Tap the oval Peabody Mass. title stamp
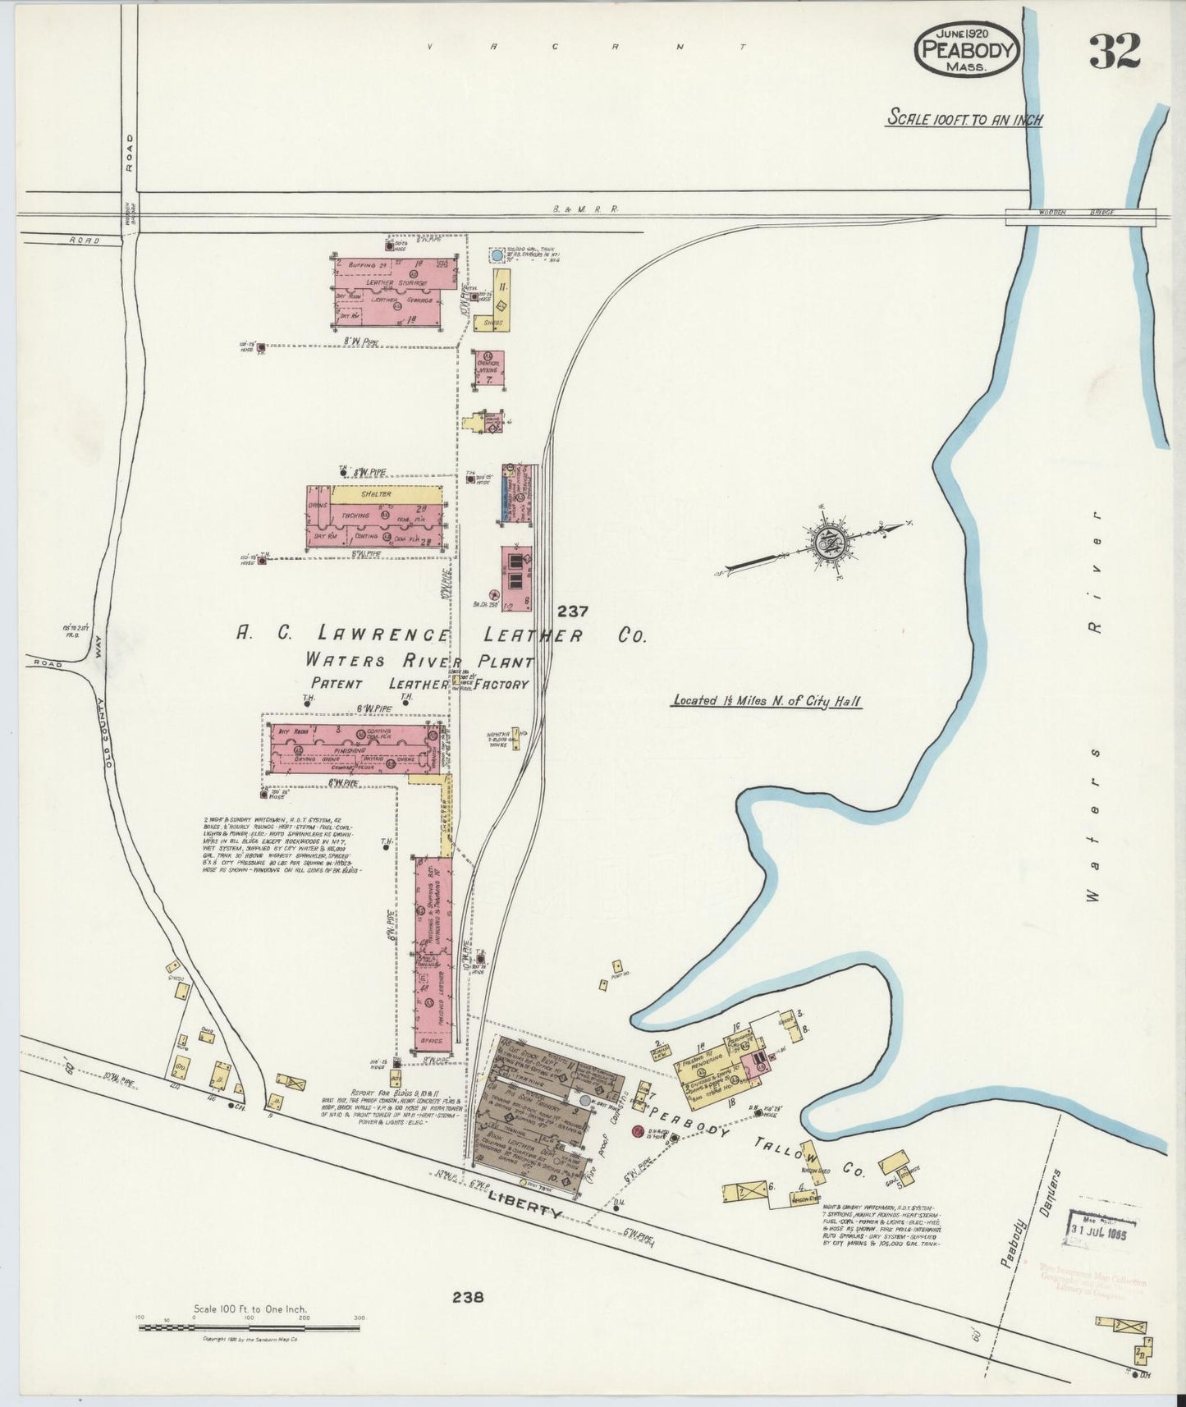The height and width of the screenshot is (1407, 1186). click(967, 50)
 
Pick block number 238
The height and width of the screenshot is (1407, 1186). click(467, 1298)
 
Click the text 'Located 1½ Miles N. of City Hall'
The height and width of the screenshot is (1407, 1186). click(767, 701)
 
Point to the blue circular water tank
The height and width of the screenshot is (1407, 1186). click(496, 256)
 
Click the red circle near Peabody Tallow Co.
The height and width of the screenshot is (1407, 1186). click(638, 1132)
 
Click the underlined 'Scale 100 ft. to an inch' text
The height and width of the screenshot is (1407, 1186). click(964, 119)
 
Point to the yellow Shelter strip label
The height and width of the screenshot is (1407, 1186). click(373, 494)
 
